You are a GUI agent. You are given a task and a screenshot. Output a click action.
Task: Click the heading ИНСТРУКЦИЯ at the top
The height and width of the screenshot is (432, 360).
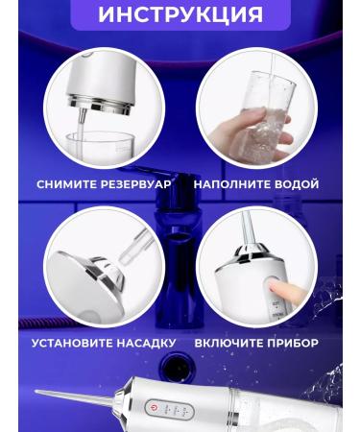pos(180,13)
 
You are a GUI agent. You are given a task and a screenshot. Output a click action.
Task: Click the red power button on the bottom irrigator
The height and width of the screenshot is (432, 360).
pos(154,408)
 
